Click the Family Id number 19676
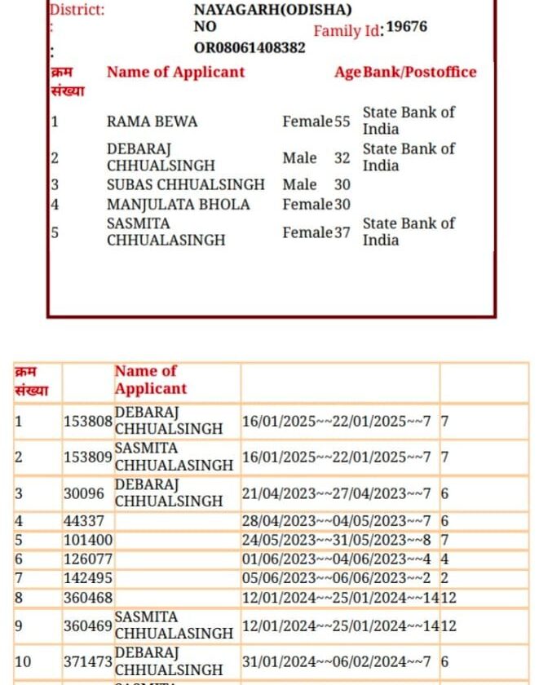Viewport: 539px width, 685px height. (x=406, y=27)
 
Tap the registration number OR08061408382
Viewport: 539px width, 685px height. (x=250, y=47)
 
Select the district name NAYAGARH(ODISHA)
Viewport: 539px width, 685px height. (x=272, y=10)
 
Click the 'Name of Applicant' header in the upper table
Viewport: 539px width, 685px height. (x=175, y=72)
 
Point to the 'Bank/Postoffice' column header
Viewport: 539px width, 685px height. (x=419, y=72)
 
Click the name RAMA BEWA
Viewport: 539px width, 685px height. (x=152, y=122)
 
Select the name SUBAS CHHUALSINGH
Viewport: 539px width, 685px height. (x=186, y=184)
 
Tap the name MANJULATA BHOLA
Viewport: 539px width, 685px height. (x=179, y=204)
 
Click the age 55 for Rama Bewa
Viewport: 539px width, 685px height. (x=342, y=122)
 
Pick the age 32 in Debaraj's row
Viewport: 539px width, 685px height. (x=342, y=157)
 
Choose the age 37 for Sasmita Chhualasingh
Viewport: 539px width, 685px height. (x=342, y=232)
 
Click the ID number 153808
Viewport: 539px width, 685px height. (x=88, y=422)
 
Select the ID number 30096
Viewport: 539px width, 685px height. (x=84, y=494)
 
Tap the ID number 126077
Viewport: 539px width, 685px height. (x=88, y=559)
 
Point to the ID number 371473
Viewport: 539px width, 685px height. (x=88, y=663)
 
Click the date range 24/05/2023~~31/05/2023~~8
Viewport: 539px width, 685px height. (x=336, y=540)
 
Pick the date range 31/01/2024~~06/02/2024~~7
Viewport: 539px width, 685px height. (x=336, y=663)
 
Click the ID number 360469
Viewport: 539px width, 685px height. (x=88, y=625)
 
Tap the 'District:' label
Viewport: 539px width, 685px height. (x=77, y=11)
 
